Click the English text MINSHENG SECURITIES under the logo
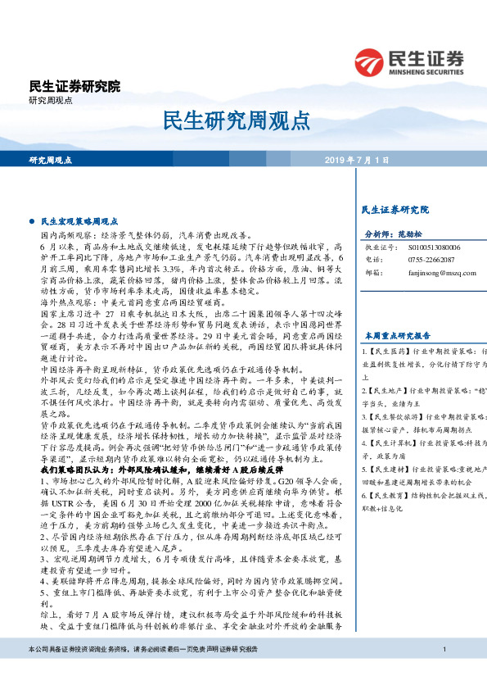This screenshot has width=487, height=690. pyautogui.click(x=424, y=70)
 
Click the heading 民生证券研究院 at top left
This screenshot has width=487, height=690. pyautogui.click(x=74, y=86)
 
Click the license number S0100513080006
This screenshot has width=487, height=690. pyautogui.click(x=434, y=246)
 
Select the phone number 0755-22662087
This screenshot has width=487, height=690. pyautogui.click(x=431, y=259)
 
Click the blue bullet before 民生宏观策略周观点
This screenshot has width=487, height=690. pyautogui.click(x=32, y=222)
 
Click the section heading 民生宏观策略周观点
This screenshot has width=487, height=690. pyautogui.click(x=79, y=222)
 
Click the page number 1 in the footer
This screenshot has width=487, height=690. pyautogui.click(x=442, y=673)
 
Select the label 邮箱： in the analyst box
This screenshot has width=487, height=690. pyautogui.click(x=374, y=272)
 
